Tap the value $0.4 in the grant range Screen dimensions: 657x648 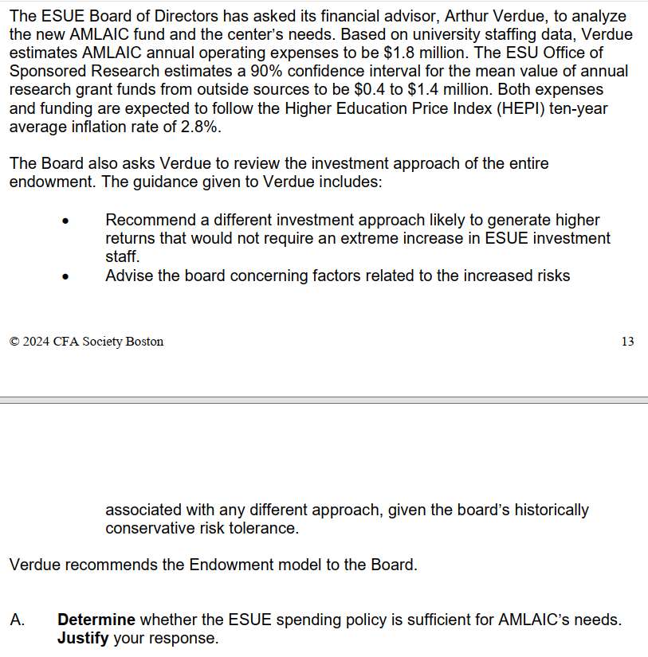[371, 89]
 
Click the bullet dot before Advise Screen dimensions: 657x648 [67, 277]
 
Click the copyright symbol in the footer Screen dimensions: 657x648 [14, 342]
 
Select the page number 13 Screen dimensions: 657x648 [626, 342]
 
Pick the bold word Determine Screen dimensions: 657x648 [96, 620]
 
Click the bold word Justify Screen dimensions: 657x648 [83, 638]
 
